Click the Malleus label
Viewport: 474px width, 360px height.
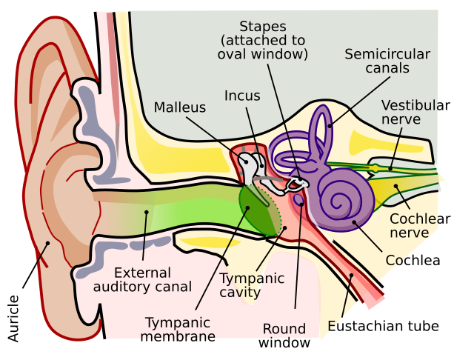[x=179, y=107]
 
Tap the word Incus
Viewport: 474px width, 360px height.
[x=242, y=96]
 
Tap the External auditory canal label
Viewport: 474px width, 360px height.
[x=143, y=279]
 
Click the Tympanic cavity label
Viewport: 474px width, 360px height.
[x=252, y=285]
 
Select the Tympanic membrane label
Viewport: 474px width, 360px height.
[x=178, y=330]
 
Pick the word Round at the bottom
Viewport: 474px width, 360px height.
[x=284, y=329]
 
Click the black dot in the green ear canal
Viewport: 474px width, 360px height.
[x=147, y=213]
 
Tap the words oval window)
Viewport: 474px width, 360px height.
[x=262, y=54]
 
